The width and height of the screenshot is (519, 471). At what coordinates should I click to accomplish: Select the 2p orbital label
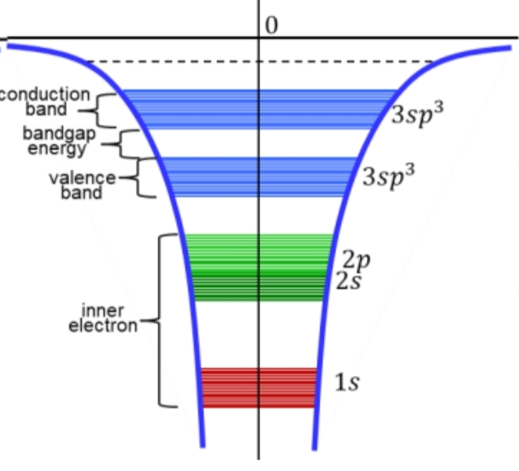coord(357,262)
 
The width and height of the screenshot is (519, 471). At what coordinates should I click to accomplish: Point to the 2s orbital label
coord(348,282)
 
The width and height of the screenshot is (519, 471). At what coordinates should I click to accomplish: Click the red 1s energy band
coord(259,388)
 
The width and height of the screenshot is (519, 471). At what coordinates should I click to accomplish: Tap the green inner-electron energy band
coord(259,268)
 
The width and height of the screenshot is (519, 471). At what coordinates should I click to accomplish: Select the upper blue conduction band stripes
coord(259,109)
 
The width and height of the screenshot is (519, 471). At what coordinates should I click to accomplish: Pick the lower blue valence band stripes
coord(259,177)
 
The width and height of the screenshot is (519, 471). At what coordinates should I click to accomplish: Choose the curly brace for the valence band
coord(143,177)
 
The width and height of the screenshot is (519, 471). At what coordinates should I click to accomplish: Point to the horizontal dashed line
coord(259,62)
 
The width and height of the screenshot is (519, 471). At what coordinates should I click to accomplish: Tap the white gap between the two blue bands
coord(259,143)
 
